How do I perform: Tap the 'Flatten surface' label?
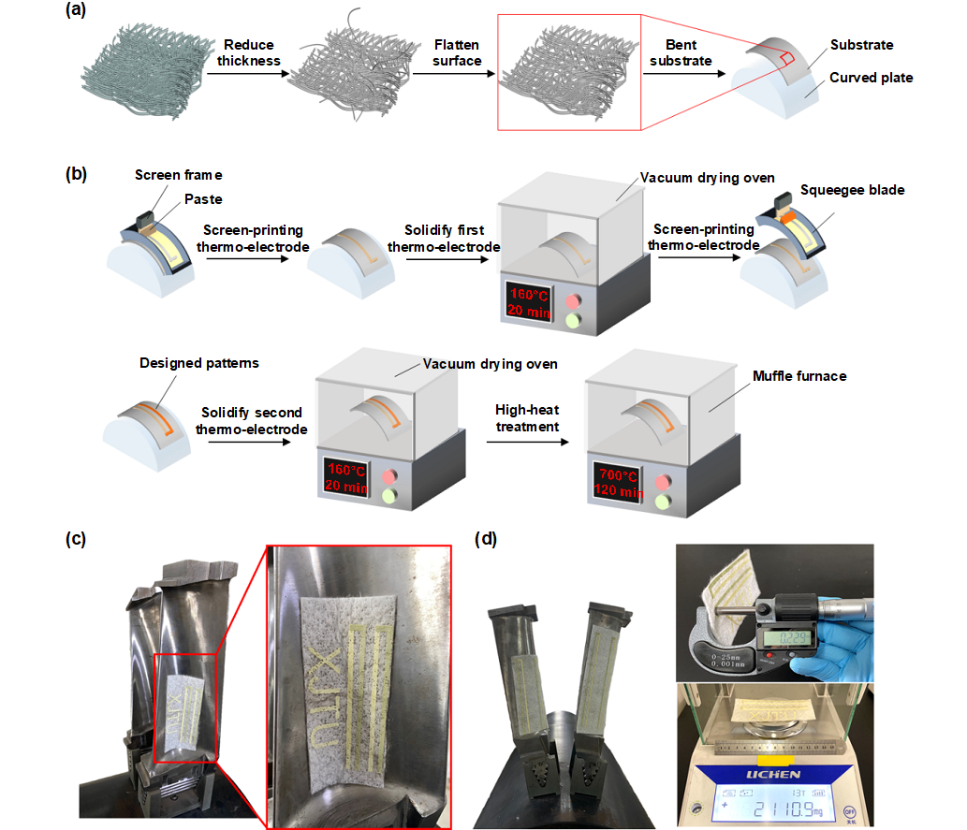point(457,53)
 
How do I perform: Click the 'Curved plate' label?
point(871,78)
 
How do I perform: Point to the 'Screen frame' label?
point(179,175)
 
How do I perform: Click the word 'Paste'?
point(203,198)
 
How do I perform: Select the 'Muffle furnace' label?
point(799,376)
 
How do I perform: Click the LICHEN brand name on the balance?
point(774,774)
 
